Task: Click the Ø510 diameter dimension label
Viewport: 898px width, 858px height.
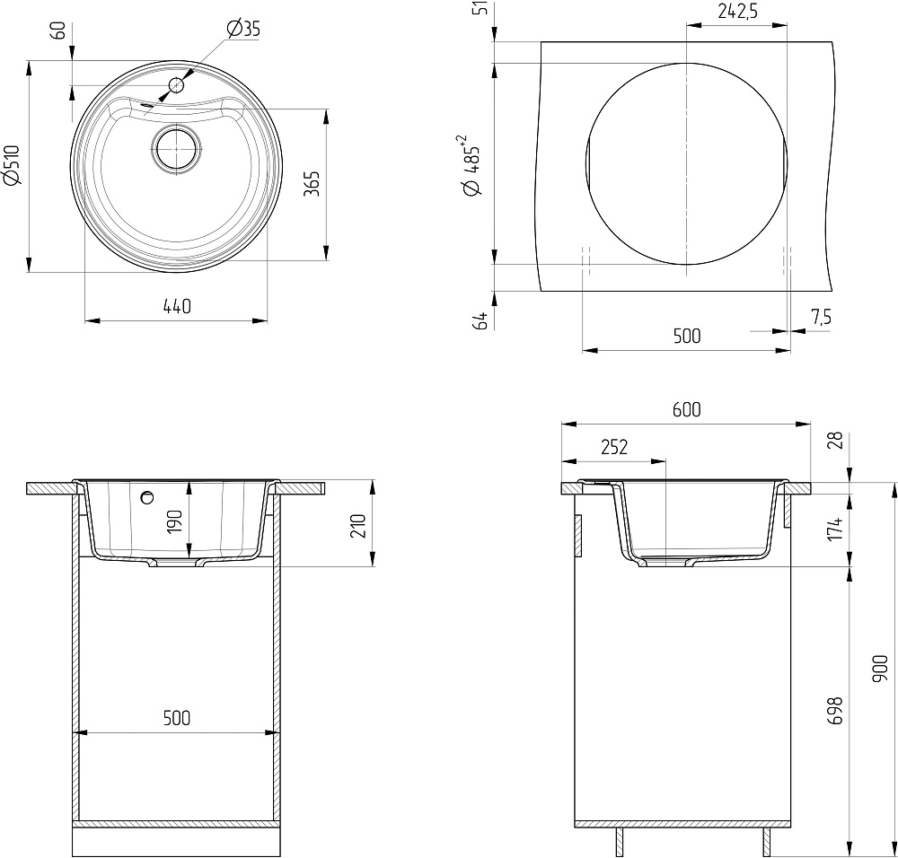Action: (12, 165)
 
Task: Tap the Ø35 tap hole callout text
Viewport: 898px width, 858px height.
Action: (243, 28)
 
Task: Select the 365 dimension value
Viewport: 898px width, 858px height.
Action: (311, 184)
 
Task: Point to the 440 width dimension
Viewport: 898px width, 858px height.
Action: (177, 307)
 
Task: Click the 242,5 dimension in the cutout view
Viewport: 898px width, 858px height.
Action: (737, 12)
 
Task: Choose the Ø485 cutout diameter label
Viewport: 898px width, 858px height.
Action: (471, 166)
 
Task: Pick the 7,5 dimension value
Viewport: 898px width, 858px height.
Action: (821, 317)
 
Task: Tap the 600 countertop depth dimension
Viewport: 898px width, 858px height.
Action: (686, 410)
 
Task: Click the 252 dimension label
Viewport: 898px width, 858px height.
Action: (614, 446)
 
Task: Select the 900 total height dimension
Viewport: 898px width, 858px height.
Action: (879, 669)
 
